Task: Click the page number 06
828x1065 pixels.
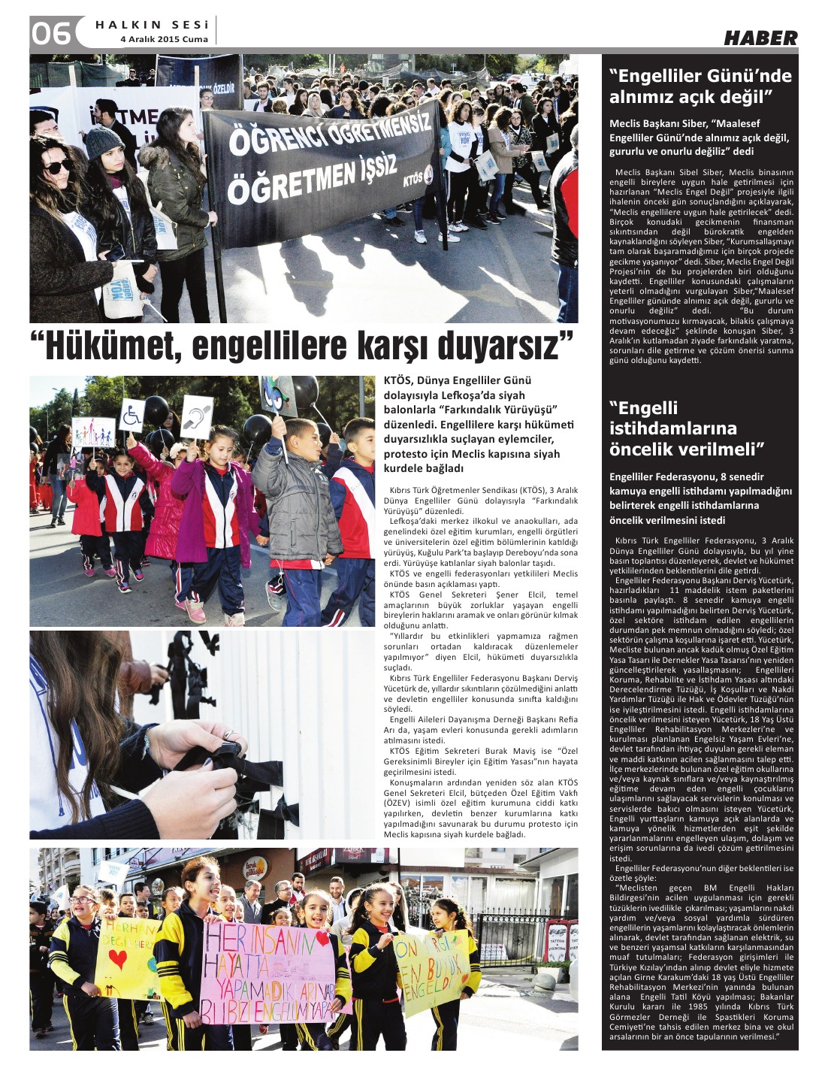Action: tap(51, 33)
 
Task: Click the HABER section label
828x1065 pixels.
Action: tap(760, 38)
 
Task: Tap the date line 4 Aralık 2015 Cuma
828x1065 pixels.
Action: tap(164, 39)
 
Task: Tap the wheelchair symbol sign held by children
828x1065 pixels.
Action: tap(133, 413)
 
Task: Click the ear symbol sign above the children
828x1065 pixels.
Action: tap(197, 412)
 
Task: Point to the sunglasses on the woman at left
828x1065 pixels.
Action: tap(59, 165)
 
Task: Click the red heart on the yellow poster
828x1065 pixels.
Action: tap(118, 958)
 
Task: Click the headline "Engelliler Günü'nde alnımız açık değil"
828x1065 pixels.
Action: tap(700, 86)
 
